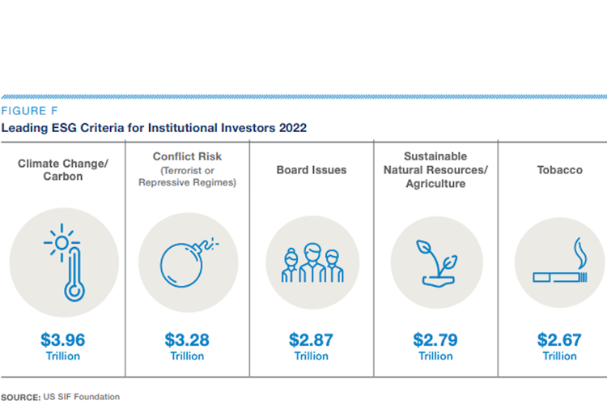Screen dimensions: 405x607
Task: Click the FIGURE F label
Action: (29, 111)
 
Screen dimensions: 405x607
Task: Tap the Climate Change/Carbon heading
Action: (62, 170)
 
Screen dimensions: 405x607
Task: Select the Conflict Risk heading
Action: (187, 156)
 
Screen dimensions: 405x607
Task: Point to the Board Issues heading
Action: (312, 170)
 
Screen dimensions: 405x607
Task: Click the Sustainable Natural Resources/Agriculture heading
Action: (435, 170)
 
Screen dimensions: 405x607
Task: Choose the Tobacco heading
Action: (559, 170)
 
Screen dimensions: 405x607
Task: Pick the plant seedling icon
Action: (435, 261)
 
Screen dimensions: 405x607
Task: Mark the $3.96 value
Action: (62, 339)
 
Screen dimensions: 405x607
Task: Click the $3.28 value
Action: (187, 339)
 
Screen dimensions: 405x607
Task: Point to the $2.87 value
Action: (312, 339)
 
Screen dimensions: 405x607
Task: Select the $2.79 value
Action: (435, 339)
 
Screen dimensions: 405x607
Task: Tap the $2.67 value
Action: (559, 339)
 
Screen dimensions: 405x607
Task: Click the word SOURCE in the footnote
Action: (19, 397)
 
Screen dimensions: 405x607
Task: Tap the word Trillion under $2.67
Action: (559, 356)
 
